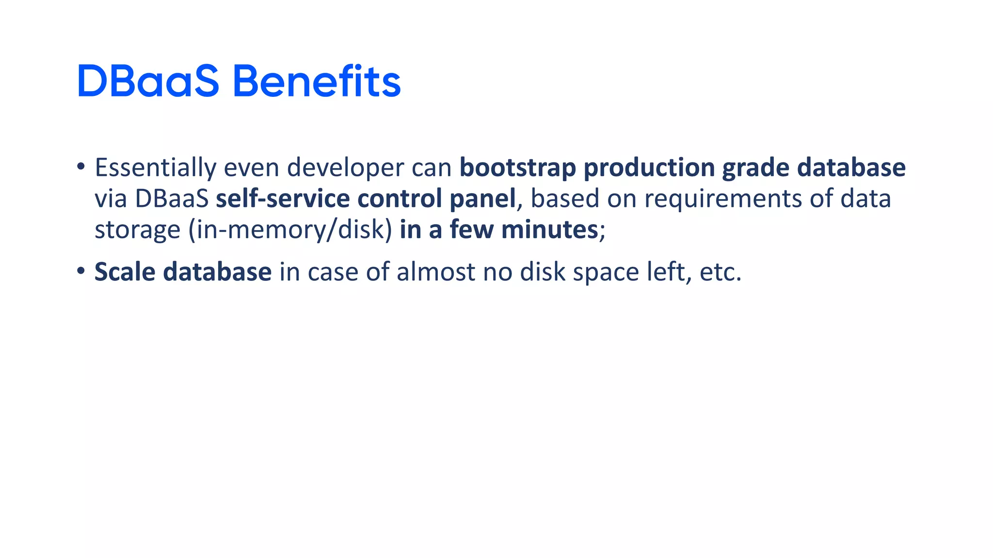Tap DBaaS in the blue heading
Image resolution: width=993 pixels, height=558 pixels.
(x=148, y=81)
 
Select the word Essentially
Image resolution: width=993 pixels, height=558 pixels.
(x=155, y=168)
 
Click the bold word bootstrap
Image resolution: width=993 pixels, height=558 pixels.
(x=518, y=168)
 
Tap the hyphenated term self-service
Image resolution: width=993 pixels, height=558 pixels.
(x=283, y=199)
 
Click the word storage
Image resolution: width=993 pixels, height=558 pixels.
(x=137, y=230)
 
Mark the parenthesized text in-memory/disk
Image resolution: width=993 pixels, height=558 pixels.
(x=290, y=230)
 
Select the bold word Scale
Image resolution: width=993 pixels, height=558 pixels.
(x=125, y=272)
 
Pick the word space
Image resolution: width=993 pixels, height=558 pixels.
(x=606, y=272)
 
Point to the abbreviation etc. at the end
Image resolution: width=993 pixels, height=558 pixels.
(x=721, y=272)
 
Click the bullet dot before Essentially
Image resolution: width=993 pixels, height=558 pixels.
(x=81, y=167)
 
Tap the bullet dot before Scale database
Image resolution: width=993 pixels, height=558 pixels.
(x=81, y=271)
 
